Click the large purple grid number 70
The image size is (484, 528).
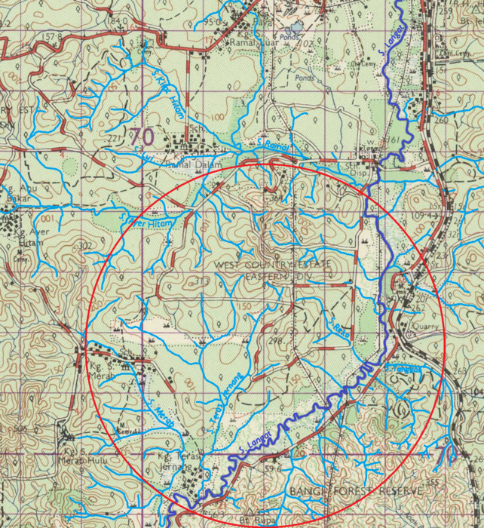click(x=141, y=137)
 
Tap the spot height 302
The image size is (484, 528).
click(x=84, y=246)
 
